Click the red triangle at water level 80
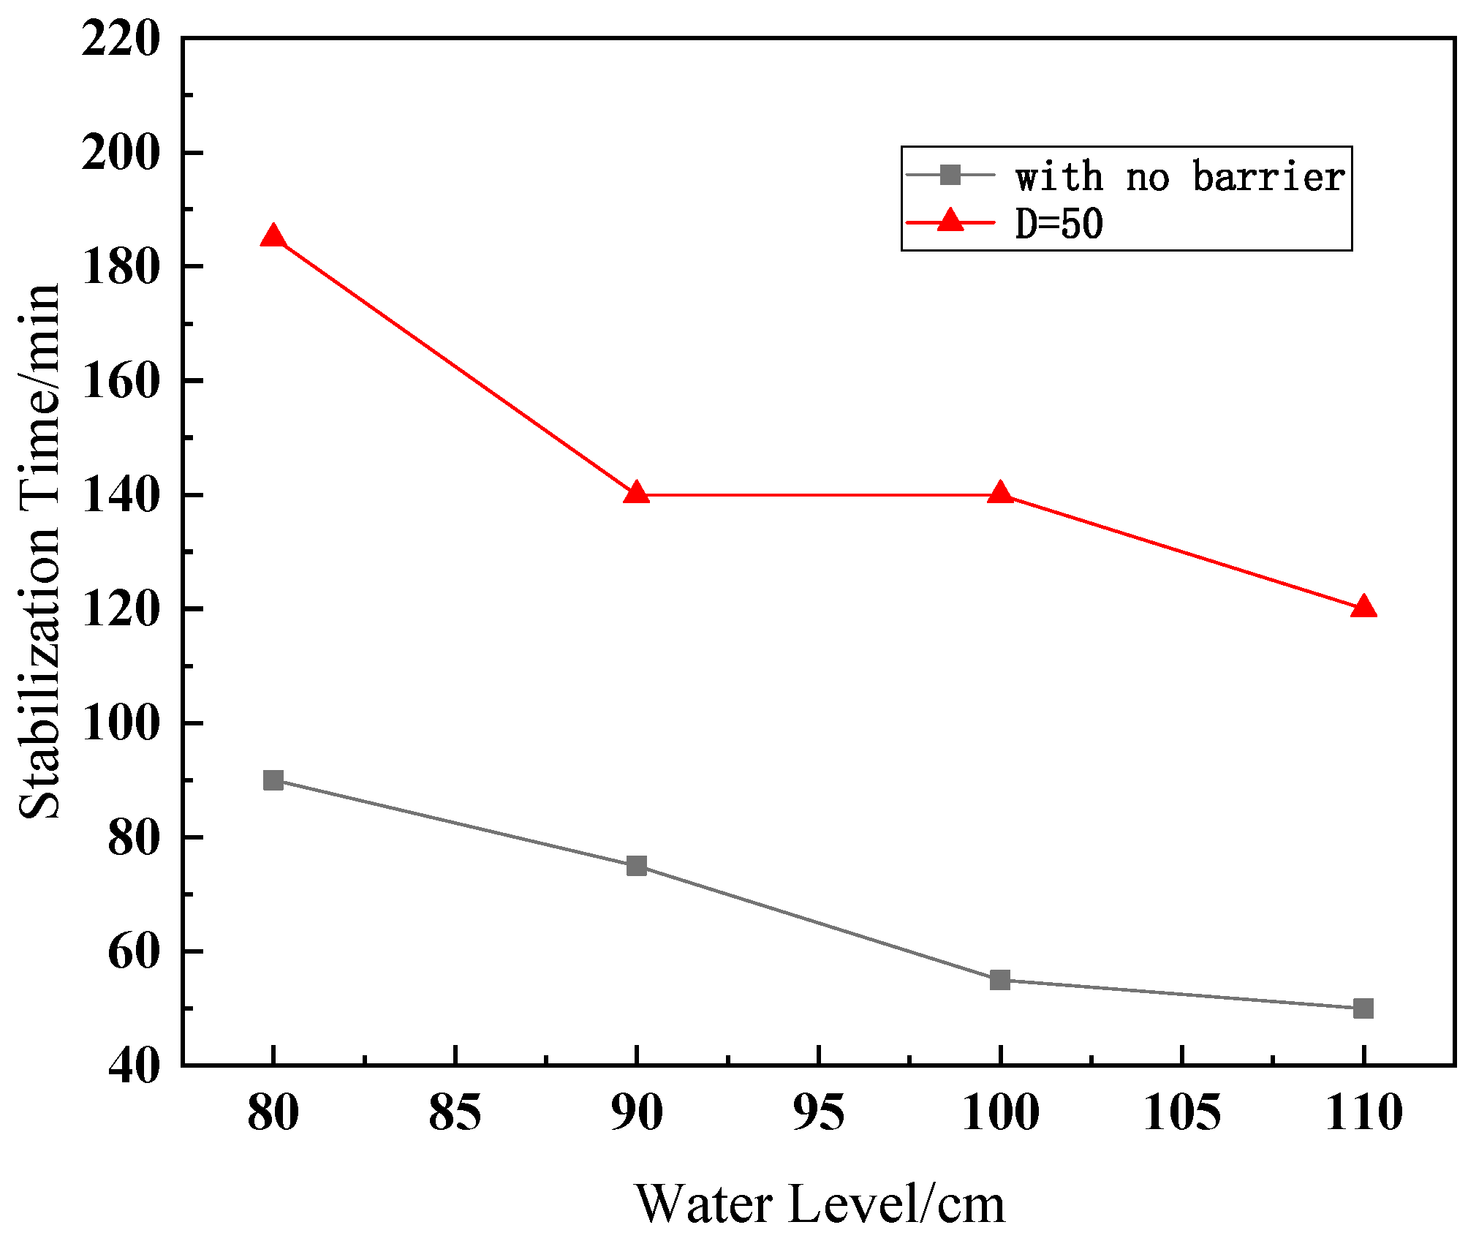273,237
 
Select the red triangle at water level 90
637,494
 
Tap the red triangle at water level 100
1000,494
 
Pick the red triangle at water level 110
1363,607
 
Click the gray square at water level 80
273,780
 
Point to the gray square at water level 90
637,866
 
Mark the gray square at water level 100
1000,980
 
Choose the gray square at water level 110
1363,1008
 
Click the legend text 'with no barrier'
1180,176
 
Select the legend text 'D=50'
1059,223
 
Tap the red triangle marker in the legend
950,220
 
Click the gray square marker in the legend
950,175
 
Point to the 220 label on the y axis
121,39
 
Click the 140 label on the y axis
121,495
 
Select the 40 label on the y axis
134,1066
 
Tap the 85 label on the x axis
455,1113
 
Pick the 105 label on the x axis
1181,1113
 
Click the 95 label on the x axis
818,1113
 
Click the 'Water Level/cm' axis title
820,1203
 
